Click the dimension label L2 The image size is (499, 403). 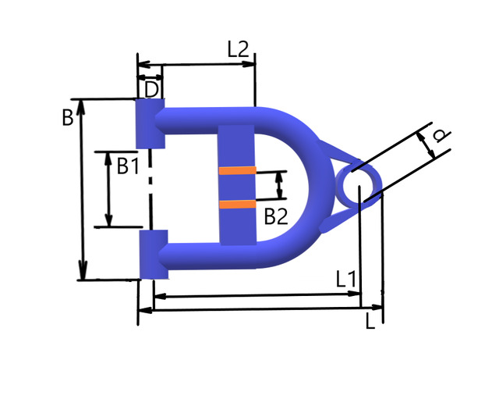(238, 49)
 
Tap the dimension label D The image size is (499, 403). (151, 90)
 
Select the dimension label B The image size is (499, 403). (68, 117)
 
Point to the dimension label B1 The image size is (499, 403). (128, 166)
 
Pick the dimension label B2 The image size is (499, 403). (276, 217)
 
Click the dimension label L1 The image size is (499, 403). (346, 280)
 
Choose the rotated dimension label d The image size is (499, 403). (442, 135)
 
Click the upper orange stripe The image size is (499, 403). (237, 170)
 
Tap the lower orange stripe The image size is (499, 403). (237, 205)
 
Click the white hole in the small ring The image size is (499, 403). (359, 186)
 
